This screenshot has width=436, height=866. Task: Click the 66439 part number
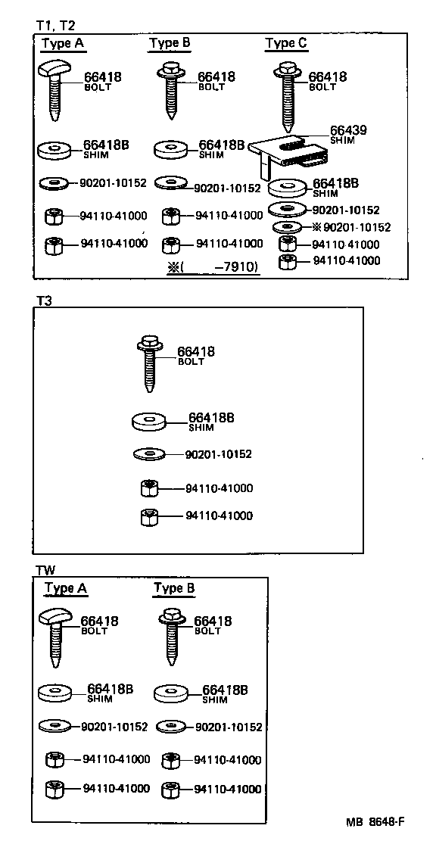coord(348,130)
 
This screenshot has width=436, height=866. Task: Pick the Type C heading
coord(286,43)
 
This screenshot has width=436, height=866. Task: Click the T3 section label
coord(44,300)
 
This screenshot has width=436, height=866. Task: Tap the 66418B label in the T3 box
coord(211,417)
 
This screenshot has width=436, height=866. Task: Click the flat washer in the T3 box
coord(149,454)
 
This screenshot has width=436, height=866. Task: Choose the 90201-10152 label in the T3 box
coord(218,454)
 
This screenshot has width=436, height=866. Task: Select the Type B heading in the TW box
coord(173,588)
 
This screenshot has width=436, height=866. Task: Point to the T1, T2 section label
coord(56,25)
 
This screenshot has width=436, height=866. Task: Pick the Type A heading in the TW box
coord(66,588)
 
